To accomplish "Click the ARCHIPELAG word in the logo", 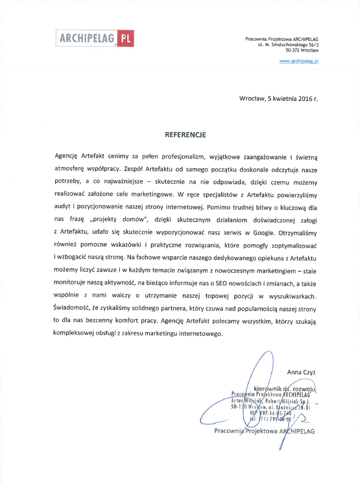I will pyautogui.click(x=87, y=38).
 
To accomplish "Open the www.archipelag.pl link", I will pyautogui.click(x=298, y=62).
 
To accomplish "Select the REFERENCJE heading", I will pyautogui.click(x=185, y=135).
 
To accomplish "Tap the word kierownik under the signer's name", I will pyautogui.click(x=268, y=388).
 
